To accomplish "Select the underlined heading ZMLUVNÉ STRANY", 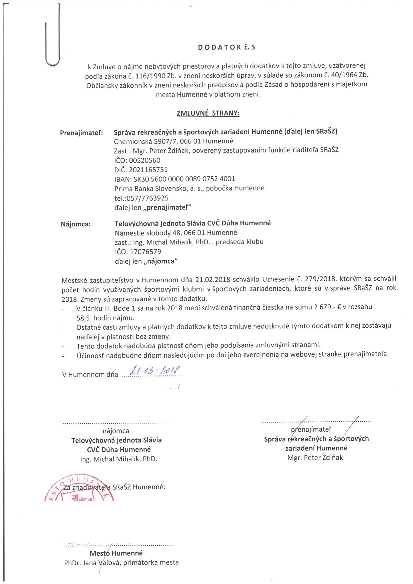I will coord(208,114).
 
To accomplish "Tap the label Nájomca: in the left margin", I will coord(76,224).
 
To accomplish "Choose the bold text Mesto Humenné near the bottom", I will coord(116,553).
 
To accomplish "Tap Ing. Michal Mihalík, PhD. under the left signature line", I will coord(119,459).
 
